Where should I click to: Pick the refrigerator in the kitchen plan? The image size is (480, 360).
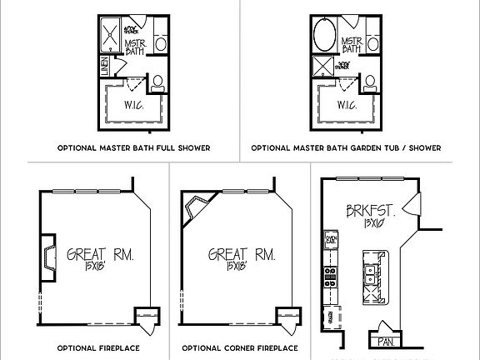tap(330, 317)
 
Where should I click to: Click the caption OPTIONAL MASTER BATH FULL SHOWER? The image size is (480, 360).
tap(132, 148)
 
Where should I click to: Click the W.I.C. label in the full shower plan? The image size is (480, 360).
tap(132, 106)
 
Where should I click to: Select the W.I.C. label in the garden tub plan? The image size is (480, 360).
tap(348, 106)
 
